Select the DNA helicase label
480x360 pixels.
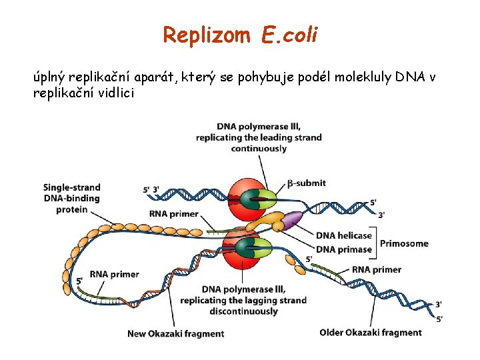point(343,235)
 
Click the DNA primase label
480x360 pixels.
point(343,249)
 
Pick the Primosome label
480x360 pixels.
point(404,243)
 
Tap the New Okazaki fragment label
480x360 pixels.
point(175,333)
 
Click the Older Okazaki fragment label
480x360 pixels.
point(371,332)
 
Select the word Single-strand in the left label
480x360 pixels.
point(71,187)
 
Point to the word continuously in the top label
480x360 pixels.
point(259,149)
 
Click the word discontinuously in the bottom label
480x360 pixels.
point(243,311)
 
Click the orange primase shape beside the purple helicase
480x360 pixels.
point(269,223)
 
